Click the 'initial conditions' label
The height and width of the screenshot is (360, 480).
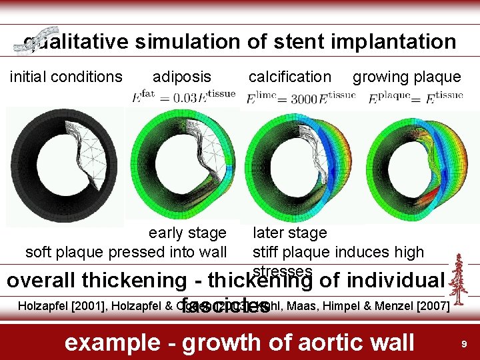point(66,77)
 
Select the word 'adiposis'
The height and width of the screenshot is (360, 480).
point(181,77)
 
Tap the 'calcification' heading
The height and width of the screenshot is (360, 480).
point(289,77)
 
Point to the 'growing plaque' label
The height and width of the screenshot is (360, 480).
point(407,77)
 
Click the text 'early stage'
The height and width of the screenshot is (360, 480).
point(187,233)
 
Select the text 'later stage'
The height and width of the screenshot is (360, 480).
point(289,233)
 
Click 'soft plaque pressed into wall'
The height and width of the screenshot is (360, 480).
point(126,252)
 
